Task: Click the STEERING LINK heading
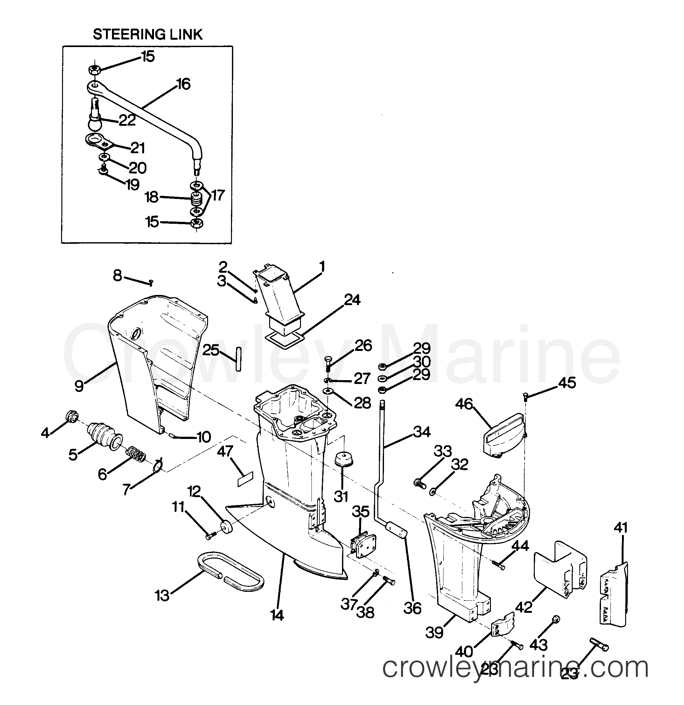click(148, 35)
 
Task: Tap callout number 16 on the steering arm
click(183, 84)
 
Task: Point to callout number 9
click(79, 386)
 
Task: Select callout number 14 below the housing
click(277, 615)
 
